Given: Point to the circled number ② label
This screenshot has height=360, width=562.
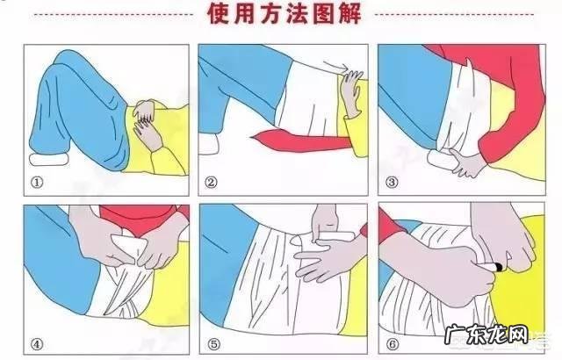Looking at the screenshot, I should tap(212, 184).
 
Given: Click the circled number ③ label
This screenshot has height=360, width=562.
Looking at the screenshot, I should tap(391, 184).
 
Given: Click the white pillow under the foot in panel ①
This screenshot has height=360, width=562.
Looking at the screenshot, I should tap(52, 162).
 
